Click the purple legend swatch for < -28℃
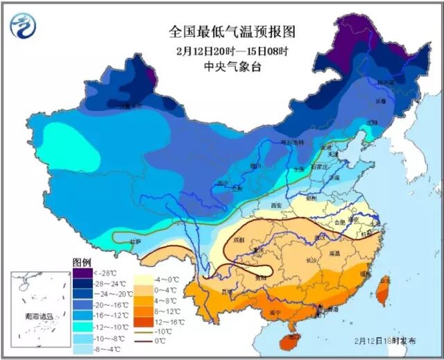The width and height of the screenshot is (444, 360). pyautogui.click(x=82, y=273)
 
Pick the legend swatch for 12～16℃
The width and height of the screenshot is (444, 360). pyautogui.click(x=144, y=321)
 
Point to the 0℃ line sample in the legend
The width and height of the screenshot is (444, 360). pyautogui.click(x=144, y=342)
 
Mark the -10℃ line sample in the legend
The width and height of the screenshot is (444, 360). pyautogui.click(x=144, y=332)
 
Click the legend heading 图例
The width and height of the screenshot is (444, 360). pyautogui.click(x=82, y=262)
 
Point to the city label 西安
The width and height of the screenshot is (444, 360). pyautogui.click(x=276, y=205)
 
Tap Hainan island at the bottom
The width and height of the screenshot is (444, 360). pyautogui.click(x=290, y=340)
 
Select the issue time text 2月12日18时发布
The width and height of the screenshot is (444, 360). pyautogui.click(x=385, y=342)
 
